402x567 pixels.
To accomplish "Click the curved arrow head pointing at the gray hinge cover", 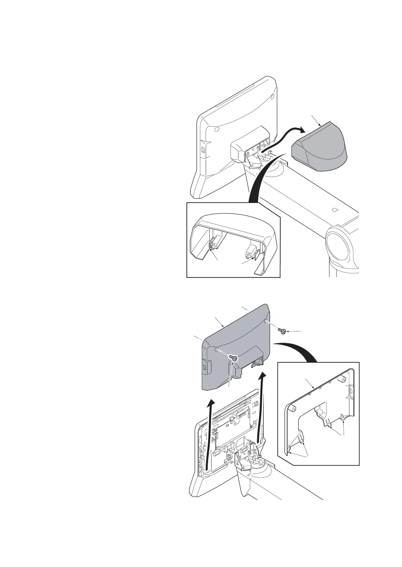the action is click(302, 129).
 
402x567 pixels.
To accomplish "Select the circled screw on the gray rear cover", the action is click(232, 358).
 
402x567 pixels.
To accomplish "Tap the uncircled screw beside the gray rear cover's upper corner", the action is click(282, 332).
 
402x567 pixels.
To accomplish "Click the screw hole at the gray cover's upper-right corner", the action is click(266, 320).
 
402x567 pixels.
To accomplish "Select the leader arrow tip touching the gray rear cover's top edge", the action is click(224, 327).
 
